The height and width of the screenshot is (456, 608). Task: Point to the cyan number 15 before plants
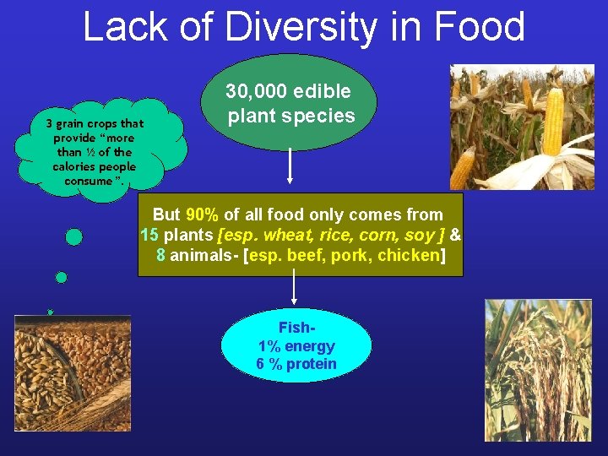tap(149, 235)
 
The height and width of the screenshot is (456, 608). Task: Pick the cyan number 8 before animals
tap(161, 255)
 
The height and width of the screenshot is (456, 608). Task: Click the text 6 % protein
tap(296, 364)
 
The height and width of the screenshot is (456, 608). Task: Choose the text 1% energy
tap(296, 346)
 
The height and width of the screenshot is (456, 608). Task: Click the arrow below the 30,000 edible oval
tap(290, 166)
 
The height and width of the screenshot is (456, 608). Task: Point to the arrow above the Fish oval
tap(293, 288)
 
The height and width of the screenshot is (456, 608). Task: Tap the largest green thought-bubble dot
tap(74, 237)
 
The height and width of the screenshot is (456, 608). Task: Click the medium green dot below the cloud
tap(61, 277)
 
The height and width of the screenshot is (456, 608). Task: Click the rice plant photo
tap(538, 372)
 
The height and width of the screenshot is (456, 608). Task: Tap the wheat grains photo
tap(72, 372)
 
